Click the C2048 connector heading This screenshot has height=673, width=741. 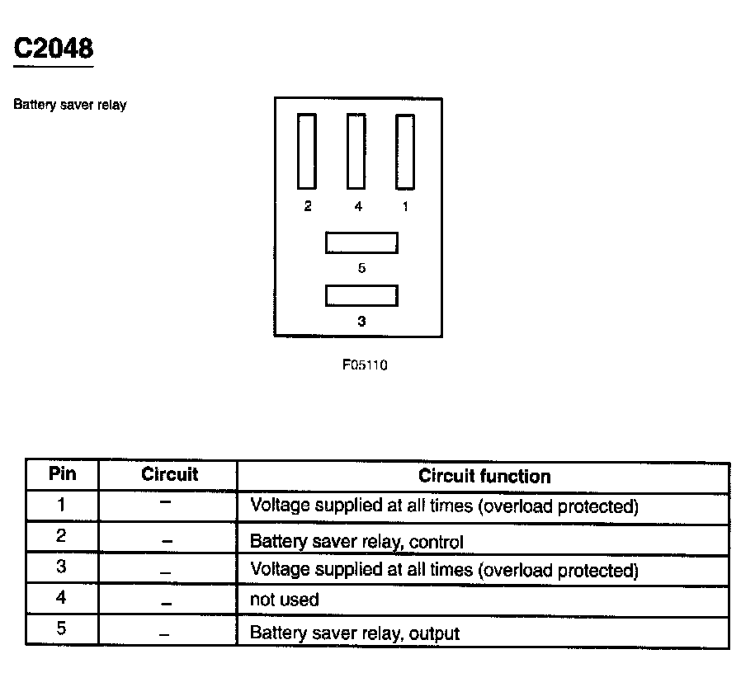pyautogui.click(x=54, y=48)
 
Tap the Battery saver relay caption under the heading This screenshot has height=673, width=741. pyautogui.click(x=70, y=106)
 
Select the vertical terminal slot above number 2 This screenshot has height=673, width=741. pyautogui.click(x=307, y=152)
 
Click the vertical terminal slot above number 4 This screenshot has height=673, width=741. pyautogui.click(x=356, y=152)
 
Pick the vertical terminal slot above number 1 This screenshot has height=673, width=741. pyautogui.click(x=404, y=152)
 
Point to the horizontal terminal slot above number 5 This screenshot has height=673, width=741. pyautogui.click(x=361, y=242)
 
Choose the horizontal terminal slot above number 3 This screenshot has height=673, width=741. pyautogui.click(x=361, y=295)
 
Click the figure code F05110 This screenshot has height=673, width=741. pyautogui.click(x=365, y=365)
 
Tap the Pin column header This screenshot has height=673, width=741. pyautogui.click(x=63, y=474)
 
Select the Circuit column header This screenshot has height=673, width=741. pyautogui.click(x=169, y=475)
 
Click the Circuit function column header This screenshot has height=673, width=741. pyautogui.click(x=484, y=476)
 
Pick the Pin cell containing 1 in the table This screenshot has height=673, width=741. pyautogui.click(x=62, y=504)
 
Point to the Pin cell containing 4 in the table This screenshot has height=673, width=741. pyautogui.click(x=62, y=598)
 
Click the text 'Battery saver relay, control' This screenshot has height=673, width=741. pyautogui.click(x=356, y=542)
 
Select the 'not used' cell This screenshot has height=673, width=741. pyautogui.click(x=284, y=600)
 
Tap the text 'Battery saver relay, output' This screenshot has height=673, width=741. pyautogui.click(x=355, y=633)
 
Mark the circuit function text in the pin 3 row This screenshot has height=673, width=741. pyautogui.click(x=444, y=570)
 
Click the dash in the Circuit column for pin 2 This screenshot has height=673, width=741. pyautogui.click(x=167, y=541)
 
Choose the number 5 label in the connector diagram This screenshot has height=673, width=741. pyautogui.click(x=361, y=268)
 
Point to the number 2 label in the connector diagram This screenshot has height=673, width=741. pyautogui.click(x=308, y=207)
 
